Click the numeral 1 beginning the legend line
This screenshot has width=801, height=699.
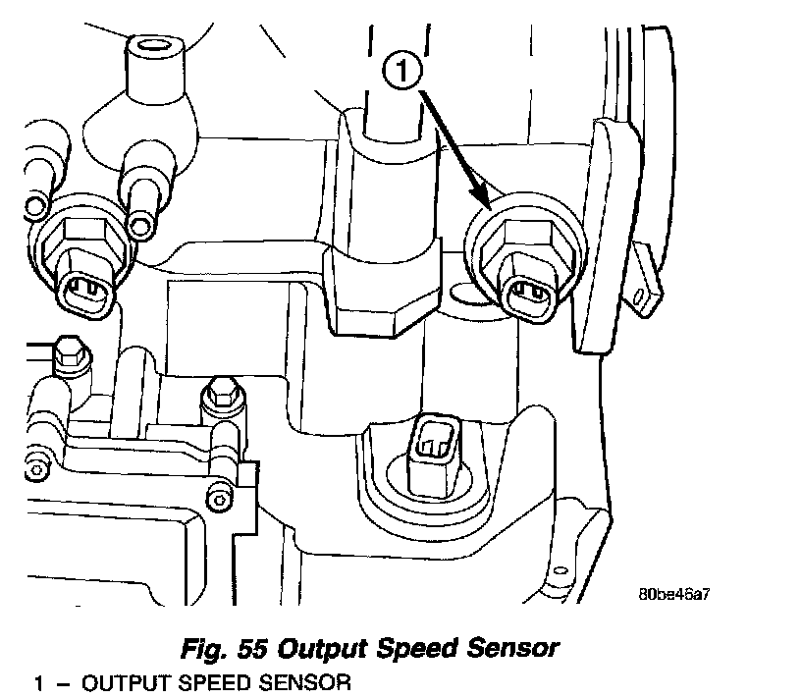38,681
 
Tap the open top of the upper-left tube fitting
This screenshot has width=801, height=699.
151,46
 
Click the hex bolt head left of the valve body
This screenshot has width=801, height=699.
70,349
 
